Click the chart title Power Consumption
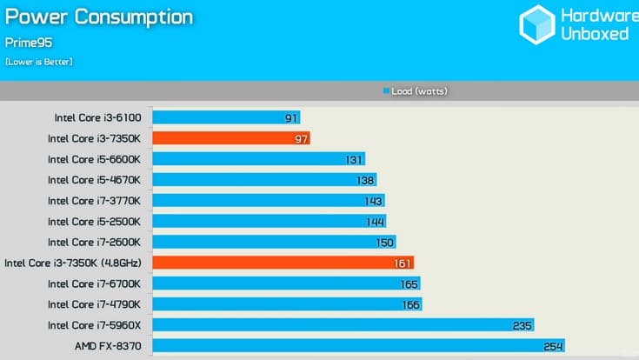[99, 17]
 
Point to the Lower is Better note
[39, 62]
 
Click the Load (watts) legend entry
[414, 90]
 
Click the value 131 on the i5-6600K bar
[353, 159]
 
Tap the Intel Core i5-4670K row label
[100, 180]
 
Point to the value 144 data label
[375, 221]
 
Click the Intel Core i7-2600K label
[100, 242]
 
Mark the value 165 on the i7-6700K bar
[409, 283]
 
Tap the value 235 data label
[523, 325]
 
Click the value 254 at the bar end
[554, 346]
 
